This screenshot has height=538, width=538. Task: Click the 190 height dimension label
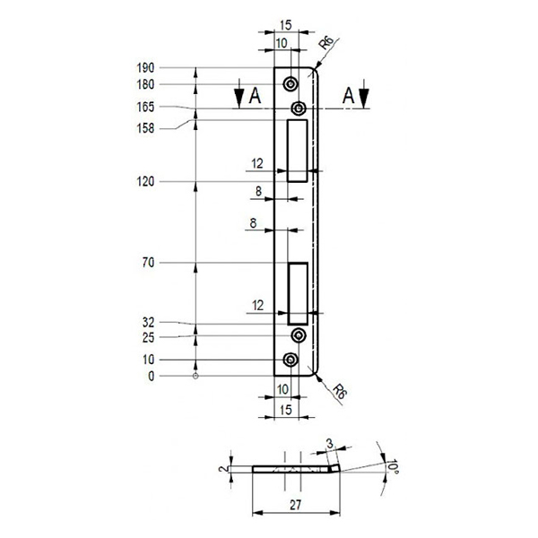point(145,67)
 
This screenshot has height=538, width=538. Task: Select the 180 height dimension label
point(145,84)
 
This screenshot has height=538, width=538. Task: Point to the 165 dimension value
point(145,108)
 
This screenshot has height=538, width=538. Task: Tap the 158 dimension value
point(145,128)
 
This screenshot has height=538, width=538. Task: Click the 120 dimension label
point(145,181)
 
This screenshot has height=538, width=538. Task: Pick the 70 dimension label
point(148,263)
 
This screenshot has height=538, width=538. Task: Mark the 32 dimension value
point(148,321)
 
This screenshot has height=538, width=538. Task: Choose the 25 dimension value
point(148,338)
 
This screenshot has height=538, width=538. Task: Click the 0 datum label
point(152,376)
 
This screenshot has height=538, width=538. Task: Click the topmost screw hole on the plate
point(291,84)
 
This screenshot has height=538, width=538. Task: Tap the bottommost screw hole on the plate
point(291,360)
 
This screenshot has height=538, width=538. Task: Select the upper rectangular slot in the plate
point(297,152)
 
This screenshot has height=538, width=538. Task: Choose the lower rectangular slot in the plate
point(297,293)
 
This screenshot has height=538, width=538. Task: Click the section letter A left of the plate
point(255,96)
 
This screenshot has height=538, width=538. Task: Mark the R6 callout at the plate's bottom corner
point(338,392)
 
